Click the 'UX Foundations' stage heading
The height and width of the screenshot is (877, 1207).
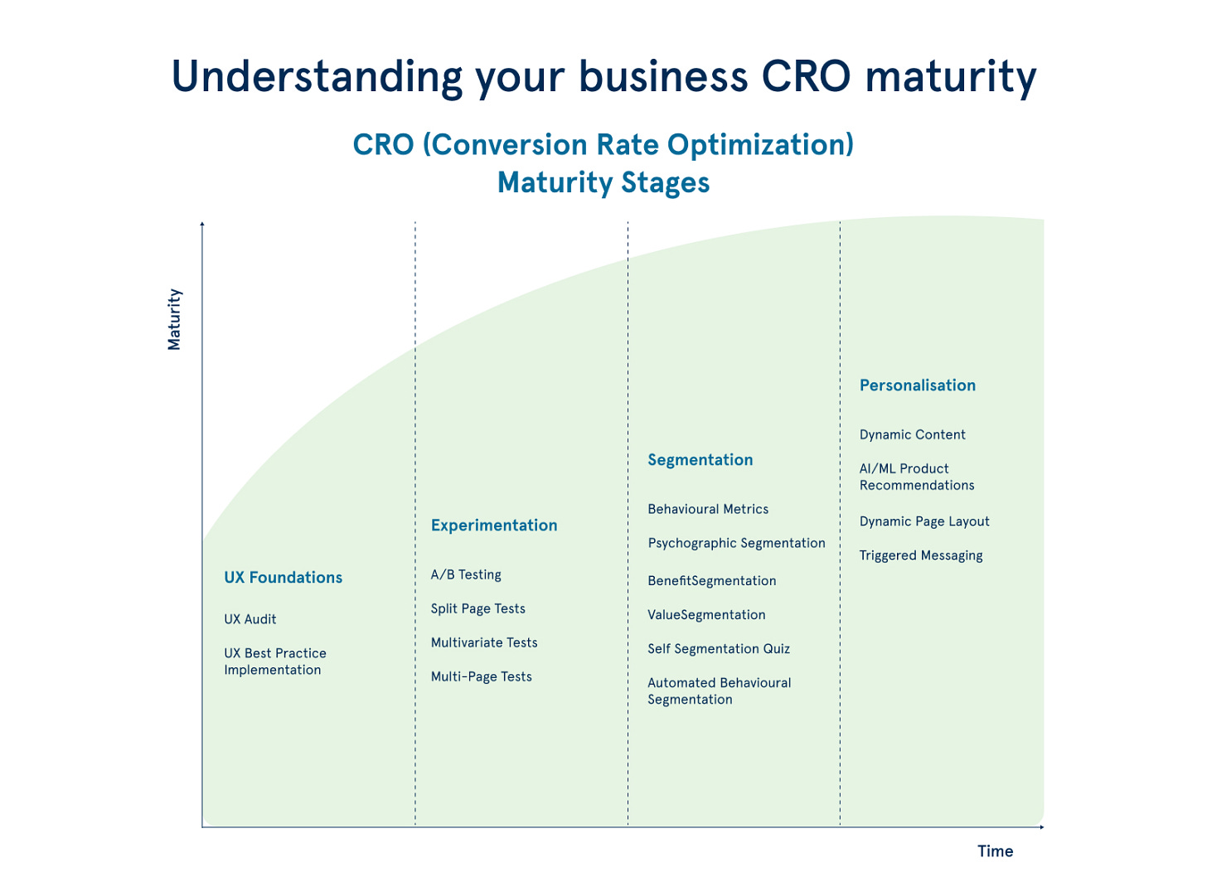pyautogui.click(x=283, y=578)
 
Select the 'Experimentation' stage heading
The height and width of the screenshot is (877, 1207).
pyautogui.click(x=494, y=526)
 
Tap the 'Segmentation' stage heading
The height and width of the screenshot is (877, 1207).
pyautogui.click(x=700, y=460)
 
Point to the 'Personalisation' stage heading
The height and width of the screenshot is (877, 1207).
pyautogui.click(x=918, y=385)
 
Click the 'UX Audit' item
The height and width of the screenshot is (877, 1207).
pyautogui.click(x=250, y=619)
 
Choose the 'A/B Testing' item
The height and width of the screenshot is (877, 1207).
pyautogui.click(x=466, y=574)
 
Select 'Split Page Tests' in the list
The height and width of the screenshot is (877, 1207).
pyautogui.click(x=478, y=608)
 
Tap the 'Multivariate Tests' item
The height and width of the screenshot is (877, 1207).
pyautogui.click(x=484, y=642)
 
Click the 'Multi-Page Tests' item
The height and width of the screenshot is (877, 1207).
pyautogui.click(x=482, y=676)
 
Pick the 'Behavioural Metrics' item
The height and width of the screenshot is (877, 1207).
pyautogui.click(x=708, y=509)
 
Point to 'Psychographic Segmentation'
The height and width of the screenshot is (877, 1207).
pyautogui.click(x=736, y=543)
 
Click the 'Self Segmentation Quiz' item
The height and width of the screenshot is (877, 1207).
pyautogui.click(x=719, y=648)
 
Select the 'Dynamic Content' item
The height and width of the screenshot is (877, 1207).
pyautogui.click(x=913, y=434)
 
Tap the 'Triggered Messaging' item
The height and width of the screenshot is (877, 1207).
pyautogui.click(x=921, y=555)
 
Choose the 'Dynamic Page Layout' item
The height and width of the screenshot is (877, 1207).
pyautogui.click(x=924, y=521)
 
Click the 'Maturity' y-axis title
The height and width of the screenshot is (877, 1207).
pyautogui.click(x=174, y=319)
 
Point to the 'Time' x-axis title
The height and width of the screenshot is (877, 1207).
pyautogui.click(x=995, y=851)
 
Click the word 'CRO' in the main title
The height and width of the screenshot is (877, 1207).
pyautogui.click(x=806, y=76)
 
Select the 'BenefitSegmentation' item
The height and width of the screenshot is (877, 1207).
pyautogui.click(x=712, y=580)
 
